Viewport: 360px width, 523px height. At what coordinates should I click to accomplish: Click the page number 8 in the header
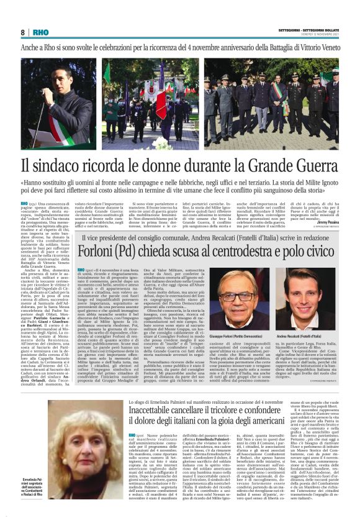pos(23,32)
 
